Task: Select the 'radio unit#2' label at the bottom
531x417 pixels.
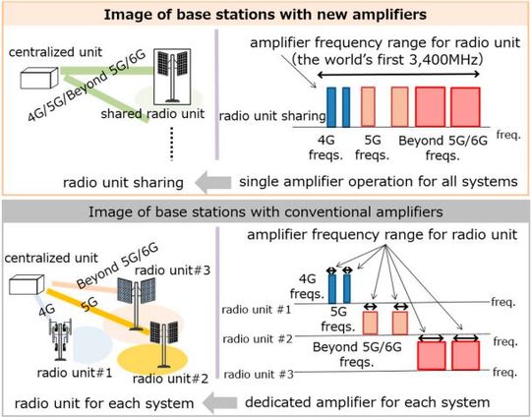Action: pos(163,380)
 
